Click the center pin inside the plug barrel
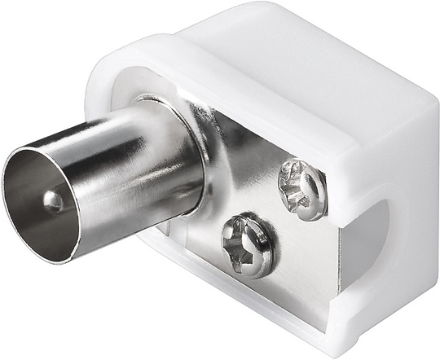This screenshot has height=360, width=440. pos(53,200)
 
